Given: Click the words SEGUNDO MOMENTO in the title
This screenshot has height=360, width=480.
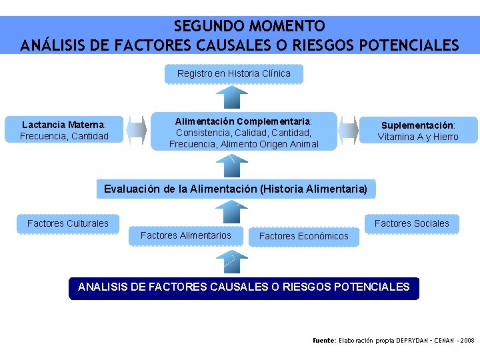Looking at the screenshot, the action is coord(249,27).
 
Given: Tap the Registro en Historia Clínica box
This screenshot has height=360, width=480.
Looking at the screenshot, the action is coord(234,73).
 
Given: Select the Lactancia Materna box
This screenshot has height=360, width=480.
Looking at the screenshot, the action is coord(64,130).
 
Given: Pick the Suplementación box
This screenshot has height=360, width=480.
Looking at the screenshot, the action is coord(418,131).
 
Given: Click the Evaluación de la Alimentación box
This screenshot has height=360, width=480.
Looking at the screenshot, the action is coord(235,189).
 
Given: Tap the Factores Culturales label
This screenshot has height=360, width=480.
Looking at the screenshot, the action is coord(67,223).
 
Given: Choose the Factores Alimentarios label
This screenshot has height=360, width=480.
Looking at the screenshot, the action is coord(185,235).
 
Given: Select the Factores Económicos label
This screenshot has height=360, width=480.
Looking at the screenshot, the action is coord(303,236).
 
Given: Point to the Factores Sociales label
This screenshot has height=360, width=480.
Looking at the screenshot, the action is coord(411,223).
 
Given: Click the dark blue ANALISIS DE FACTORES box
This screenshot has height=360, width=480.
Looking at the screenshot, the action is coord(244,287).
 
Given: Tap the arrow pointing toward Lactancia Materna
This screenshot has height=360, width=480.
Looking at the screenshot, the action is coord(137,129).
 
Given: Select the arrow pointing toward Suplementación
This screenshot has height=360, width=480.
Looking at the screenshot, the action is coord(348,129).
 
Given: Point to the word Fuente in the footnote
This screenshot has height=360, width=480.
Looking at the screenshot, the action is coord(324,340).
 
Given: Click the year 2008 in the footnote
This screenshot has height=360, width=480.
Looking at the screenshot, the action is coord(467,340).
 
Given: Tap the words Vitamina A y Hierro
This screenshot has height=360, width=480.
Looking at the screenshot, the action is coord(418,137).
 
